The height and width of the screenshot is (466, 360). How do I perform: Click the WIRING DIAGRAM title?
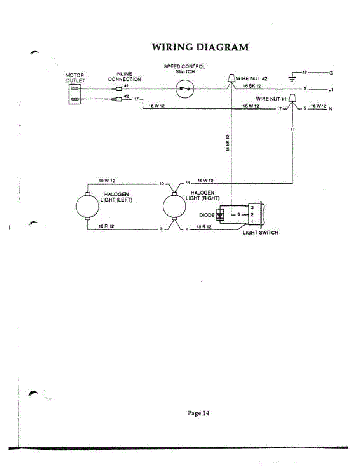pyautogui.click(x=200, y=47)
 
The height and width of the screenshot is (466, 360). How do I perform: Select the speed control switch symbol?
pyautogui.click(x=184, y=89)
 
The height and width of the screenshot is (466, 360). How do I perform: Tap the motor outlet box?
pyautogui.click(x=75, y=94)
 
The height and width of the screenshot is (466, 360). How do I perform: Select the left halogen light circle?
pyautogui.click(x=87, y=207)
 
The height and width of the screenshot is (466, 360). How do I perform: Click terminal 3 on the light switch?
pyautogui.click(x=252, y=208)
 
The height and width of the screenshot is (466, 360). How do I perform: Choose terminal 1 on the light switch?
pyautogui.click(x=252, y=222)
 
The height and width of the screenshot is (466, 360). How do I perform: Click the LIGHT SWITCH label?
pyautogui.click(x=260, y=233)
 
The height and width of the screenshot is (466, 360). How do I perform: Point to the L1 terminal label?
pyautogui.click(x=331, y=89)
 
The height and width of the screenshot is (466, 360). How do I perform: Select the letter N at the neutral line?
pyautogui.click(x=331, y=109)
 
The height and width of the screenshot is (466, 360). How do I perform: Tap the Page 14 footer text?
pyautogui.click(x=198, y=413)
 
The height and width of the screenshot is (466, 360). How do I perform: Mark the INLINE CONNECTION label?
pyautogui.click(x=124, y=77)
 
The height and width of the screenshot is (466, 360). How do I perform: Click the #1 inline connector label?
pyautogui.click(x=126, y=85)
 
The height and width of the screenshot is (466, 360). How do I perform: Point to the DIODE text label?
pyautogui.click(x=207, y=215)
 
